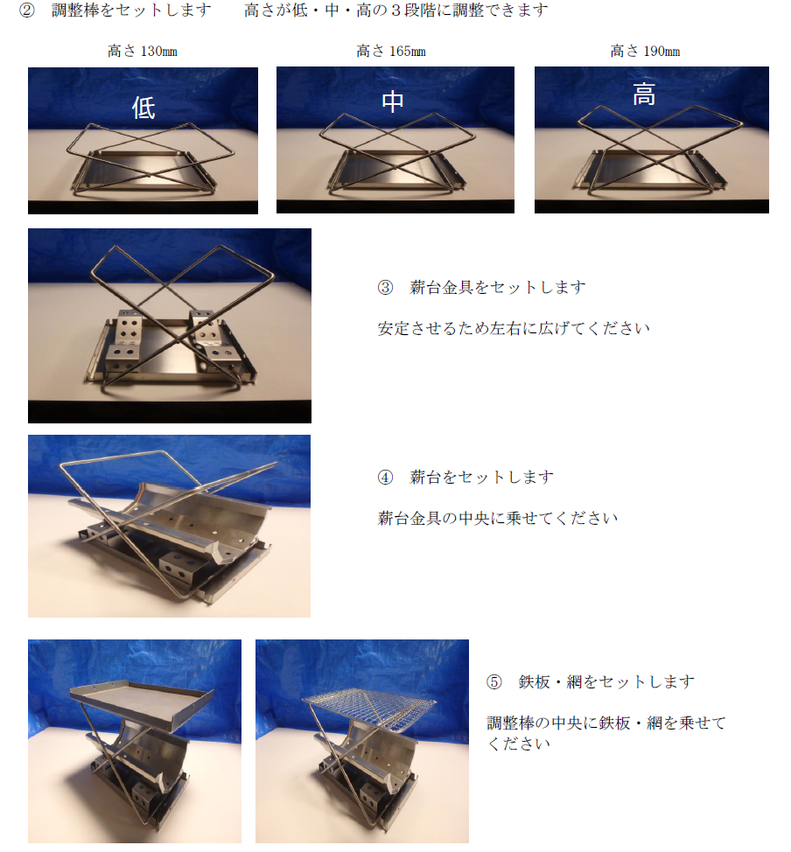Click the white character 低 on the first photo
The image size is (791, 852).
click(x=143, y=108)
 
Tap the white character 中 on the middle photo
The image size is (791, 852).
click(x=393, y=101)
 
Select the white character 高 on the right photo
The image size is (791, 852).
click(x=644, y=94)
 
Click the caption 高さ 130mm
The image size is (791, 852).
click(x=143, y=51)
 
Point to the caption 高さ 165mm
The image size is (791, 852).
click(x=391, y=51)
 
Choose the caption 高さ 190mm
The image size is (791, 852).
click(x=645, y=51)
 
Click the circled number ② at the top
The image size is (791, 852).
click(x=26, y=10)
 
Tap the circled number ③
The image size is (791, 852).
click(x=385, y=287)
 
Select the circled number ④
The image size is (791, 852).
click(x=385, y=477)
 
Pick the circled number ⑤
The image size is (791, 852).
click(x=493, y=681)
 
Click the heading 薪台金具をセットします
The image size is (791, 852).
click(x=497, y=287)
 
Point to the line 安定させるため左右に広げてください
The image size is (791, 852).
click(x=514, y=328)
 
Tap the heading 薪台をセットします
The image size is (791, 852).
click(x=481, y=477)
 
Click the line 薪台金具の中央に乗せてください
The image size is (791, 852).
click(x=497, y=518)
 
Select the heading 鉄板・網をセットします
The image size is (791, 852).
click(x=606, y=681)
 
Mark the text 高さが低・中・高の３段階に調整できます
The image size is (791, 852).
click(x=395, y=10)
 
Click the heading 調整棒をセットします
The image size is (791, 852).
click(x=131, y=10)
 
